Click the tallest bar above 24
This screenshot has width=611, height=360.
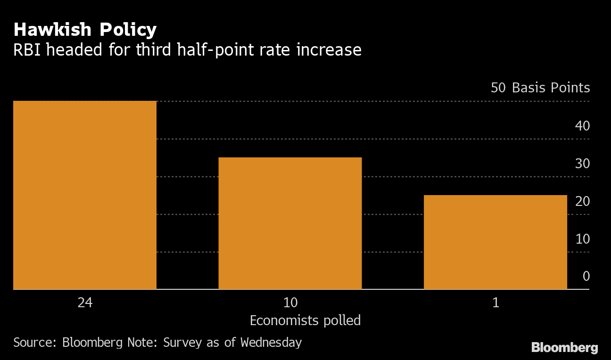[85, 195]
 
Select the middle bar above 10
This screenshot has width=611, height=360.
[290, 223]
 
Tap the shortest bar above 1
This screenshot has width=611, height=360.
[495, 242]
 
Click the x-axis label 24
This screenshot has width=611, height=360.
[85, 303]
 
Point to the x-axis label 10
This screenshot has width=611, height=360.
[290, 303]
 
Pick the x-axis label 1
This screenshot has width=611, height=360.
[495, 303]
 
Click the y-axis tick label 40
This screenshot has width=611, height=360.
[582, 126]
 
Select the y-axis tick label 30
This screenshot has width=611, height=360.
[582, 164]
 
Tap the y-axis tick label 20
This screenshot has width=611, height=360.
[582, 201]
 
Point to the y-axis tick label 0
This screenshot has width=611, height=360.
[586, 276]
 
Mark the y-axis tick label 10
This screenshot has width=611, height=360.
[582, 239]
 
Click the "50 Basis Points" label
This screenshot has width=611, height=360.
[540, 88]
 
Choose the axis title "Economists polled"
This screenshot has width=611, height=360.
[305, 320]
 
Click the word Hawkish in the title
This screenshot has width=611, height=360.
[52, 30]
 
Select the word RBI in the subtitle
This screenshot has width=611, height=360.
[26, 49]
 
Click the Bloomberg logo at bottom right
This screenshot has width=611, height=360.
[564, 348]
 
